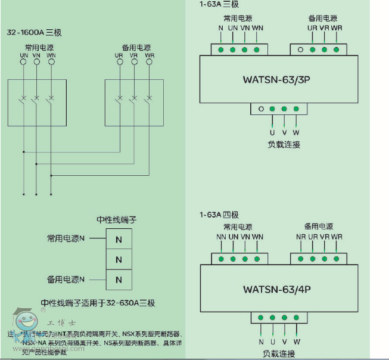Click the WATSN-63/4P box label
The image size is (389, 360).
pyautogui.click(x=277, y=289)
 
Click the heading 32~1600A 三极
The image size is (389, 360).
pyautogui.click(x=34, y=32)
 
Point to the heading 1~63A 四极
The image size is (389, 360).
pyautogui.click(x=219, y=215)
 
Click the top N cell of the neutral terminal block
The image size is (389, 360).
pyautogui.click(x=119, y=239)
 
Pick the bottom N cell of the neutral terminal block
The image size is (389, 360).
pyautogui.click(x=119, y=279)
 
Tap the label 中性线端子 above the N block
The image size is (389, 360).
pyautogui.click(x=117, y=219)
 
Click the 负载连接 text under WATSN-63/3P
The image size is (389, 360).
pyautogui.click(x=284, y=144)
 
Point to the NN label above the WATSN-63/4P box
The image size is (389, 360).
pyautogui.click(x=221, y=237)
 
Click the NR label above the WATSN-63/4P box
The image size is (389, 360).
pyautogui.click(x=301, y=237)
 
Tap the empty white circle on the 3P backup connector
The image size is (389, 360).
pyautogui.click(x=301, y=50)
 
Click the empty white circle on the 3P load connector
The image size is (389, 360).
pyautogui.click(x=261, y=109)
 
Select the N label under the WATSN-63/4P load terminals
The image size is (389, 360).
pyautogui.click(x=261, y=342)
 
